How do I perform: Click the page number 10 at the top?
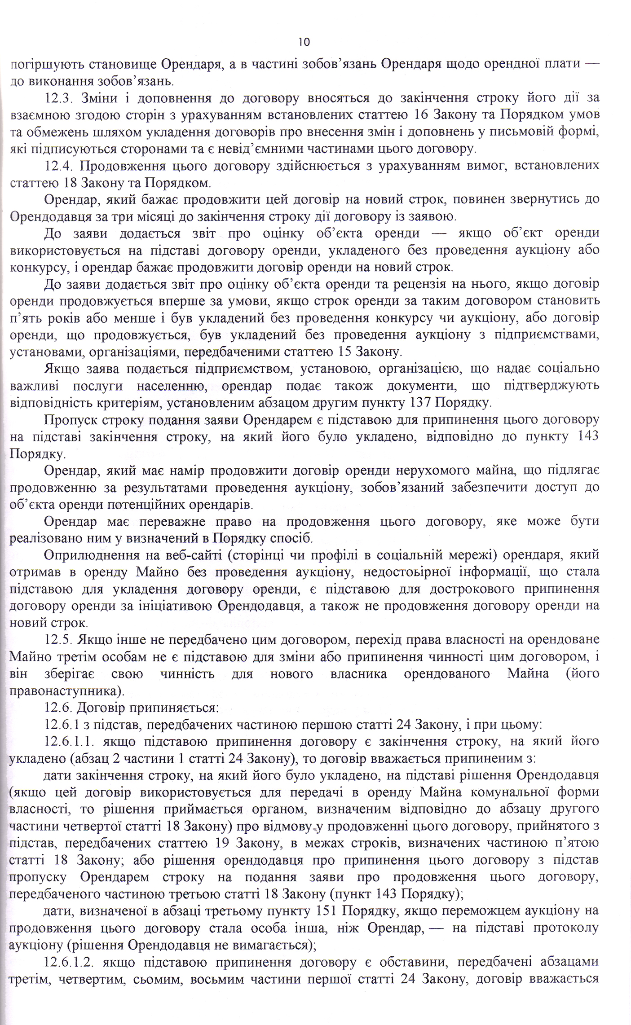(x=304, y=42)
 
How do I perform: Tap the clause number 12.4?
(x=62, y=166)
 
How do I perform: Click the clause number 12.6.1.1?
(x=69, y=741)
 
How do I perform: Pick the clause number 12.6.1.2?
(x=69, y=962)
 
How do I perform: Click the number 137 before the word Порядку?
(x=421, y=402)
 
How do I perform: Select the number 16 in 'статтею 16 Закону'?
(x=421, y=115)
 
